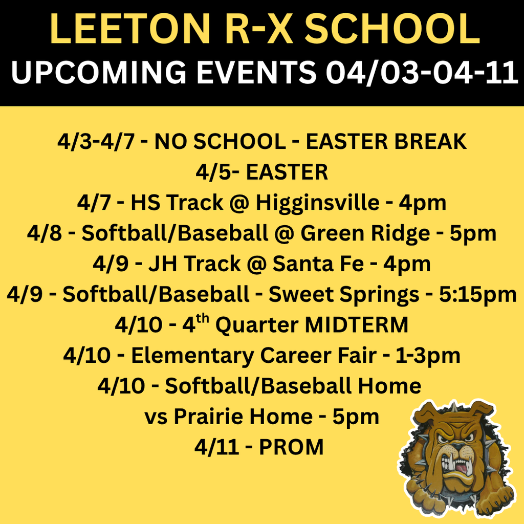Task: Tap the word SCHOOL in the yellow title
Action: pyautogui.click(x=394, y=30)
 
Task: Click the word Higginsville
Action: pyautogui.click(x=317, y=203)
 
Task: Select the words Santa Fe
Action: pyautogui.click(x=317, y=264)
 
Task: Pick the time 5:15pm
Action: pyautogui.click(x=478, y=295)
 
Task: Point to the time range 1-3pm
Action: pyautogui.click(x=428, y=356)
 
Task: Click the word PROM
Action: pyautogui.click(x=291, y=447)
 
